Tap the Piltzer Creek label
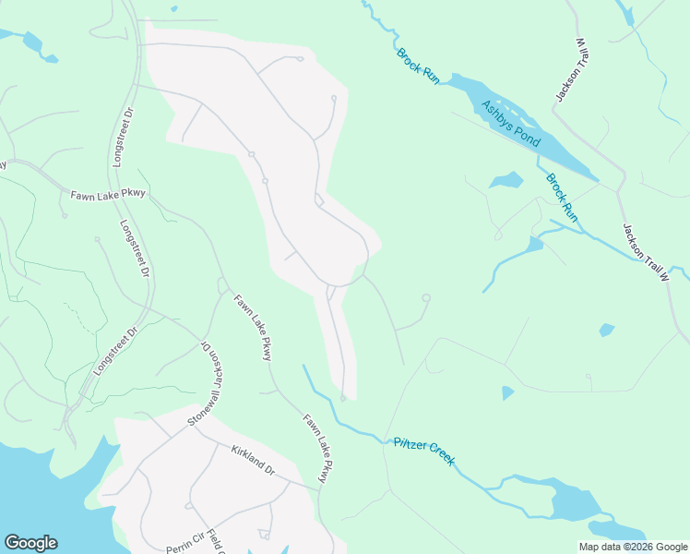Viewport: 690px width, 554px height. point(423,451)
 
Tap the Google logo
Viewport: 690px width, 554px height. point(30,543)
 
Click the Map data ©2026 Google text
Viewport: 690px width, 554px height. point(633,547)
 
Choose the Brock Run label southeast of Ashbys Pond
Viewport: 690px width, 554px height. point(561,198)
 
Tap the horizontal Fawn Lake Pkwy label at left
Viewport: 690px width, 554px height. point(108,194)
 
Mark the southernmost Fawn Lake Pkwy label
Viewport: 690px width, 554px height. point(316,448)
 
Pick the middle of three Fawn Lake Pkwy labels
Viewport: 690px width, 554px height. point(253,327)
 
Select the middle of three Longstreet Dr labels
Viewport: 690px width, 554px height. point(135,248)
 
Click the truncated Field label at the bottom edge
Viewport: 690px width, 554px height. point(213,544)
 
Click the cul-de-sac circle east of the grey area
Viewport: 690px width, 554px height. point(426,297)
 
